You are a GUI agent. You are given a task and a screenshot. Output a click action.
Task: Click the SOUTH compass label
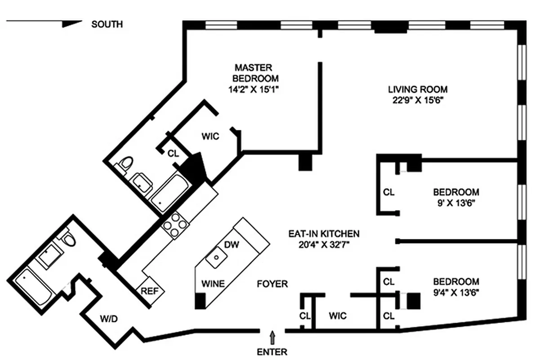click(x=107, y=24)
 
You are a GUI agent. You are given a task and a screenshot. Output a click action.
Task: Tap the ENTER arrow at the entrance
click(x=272, y=337)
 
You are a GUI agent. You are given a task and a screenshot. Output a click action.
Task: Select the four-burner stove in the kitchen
click(x=175, y=225)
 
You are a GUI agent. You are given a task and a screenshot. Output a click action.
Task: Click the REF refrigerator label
click(x=150, y=291)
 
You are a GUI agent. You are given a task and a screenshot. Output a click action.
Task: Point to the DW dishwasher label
click(x=232, y=244)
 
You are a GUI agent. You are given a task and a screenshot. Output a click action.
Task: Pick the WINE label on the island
click(x=213, y=284)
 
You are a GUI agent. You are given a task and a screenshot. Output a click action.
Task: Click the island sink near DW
click(x=216, y=257)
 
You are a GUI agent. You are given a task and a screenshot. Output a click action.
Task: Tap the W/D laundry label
click(x=109, y=319)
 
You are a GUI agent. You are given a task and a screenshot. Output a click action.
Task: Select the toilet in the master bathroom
click(x=125, y=164)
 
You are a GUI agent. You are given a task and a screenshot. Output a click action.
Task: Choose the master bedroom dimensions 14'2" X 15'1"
click(x=254, y=90)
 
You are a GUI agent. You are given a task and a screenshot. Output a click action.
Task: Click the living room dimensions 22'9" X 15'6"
click(x=418, y=100)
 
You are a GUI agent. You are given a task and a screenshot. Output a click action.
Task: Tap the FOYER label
click(x=272, y=284)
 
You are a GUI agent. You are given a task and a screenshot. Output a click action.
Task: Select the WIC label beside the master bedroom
click(x=210, y=136)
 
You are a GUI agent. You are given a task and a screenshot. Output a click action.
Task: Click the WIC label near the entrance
click(x=338, y=316)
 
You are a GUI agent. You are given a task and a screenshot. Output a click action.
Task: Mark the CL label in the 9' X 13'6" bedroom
click(x=389, y=192)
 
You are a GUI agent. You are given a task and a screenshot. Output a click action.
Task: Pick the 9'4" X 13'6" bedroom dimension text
click(x=456, y=292)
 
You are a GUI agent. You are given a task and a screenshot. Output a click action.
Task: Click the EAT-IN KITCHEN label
click(x=324, y=234)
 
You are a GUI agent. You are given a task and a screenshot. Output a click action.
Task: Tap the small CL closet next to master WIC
click(x=173, y=153)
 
